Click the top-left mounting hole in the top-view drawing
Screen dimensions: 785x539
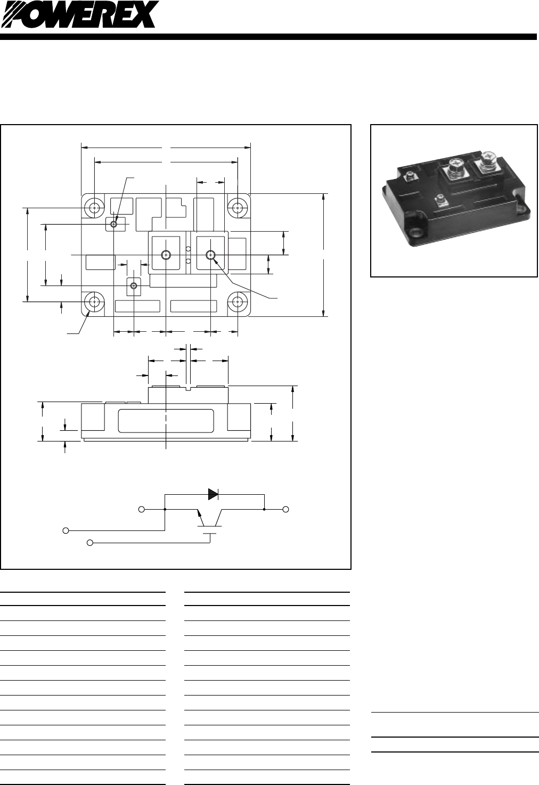coord(94,208)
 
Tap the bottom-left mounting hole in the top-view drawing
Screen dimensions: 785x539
coord(94,302)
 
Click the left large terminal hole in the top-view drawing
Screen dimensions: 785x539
coord(166,255)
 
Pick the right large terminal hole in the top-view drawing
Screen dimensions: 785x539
coord(211,255)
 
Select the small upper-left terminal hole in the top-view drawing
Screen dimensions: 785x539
coord(114,224)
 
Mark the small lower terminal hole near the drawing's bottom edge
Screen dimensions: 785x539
coord(133,287)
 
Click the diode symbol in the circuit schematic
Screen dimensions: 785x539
coord(213,494)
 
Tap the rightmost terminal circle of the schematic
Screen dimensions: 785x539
coord(286,510)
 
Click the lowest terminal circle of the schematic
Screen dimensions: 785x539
coord(90,543)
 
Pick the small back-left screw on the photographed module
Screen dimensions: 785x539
coord(410,176)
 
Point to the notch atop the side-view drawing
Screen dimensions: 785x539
coord(189,389)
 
